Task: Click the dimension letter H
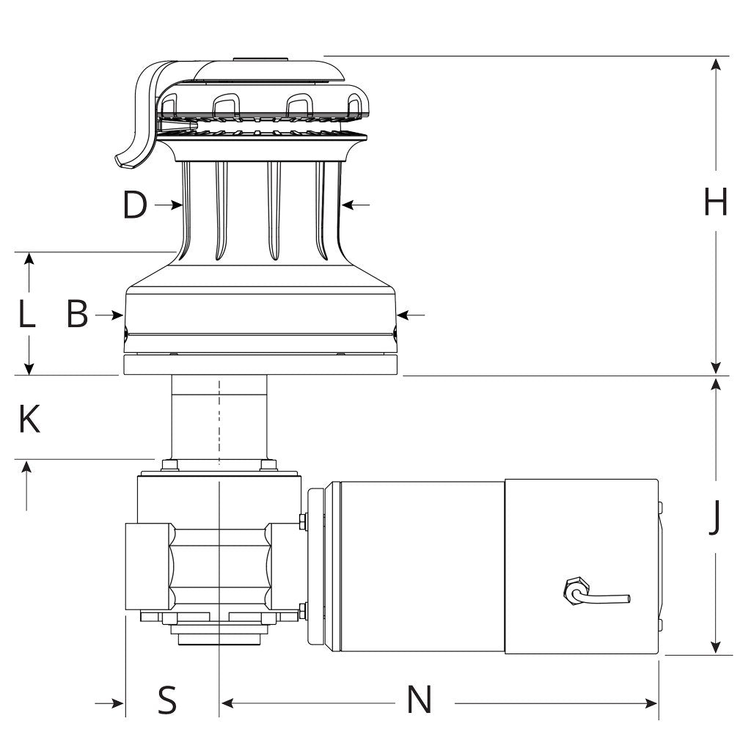tap(716, 201)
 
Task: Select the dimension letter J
tap(714, 517)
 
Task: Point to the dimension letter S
tap(166, 700)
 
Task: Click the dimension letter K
tap(29, 419)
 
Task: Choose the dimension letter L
tap(26, 314)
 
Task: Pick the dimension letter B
tap(77, 314)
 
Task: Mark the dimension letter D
tap(135, 205)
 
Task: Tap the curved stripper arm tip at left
tap(125, 161)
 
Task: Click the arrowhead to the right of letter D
tap(348, 205)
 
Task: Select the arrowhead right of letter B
tap(403, 315)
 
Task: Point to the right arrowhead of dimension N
tap(652, 703)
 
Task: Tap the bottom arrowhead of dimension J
tap(716, 647)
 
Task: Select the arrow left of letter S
tap(109, 703)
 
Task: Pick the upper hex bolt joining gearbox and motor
tap(303, 521)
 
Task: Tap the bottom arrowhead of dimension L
tap(29, 368)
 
